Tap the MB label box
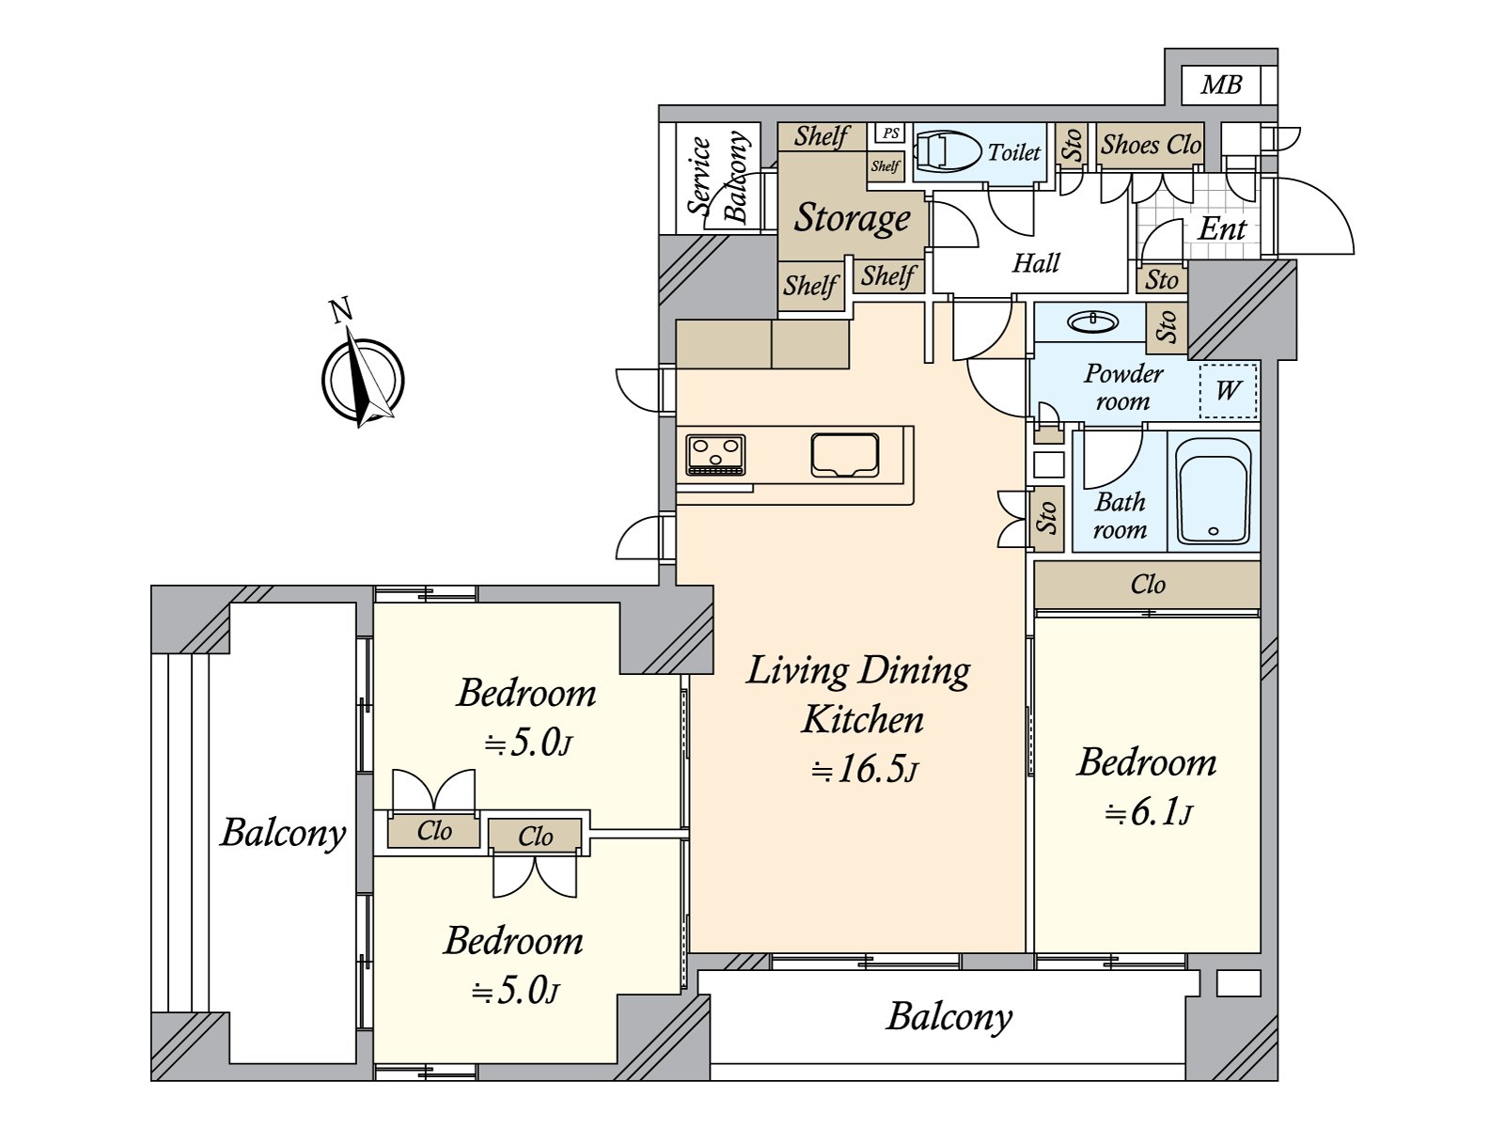coord(1221,86)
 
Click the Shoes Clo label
coord(1151,145)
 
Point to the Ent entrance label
coord(1222,228)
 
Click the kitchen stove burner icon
coord(715,455)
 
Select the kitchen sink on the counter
coord(845,455)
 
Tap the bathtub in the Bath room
coord(1214,491)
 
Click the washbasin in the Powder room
coord(1093,322)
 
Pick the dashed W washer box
coord(1229,389)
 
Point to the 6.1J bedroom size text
coord(1148,812)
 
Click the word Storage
coord(853,217)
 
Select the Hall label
coord(1036,263)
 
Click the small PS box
coord(889,133)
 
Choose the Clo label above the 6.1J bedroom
coord(1148,585)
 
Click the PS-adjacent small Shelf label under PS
coord(885,166)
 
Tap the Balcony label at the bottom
coord(949,1016)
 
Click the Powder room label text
coord(1123,386)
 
